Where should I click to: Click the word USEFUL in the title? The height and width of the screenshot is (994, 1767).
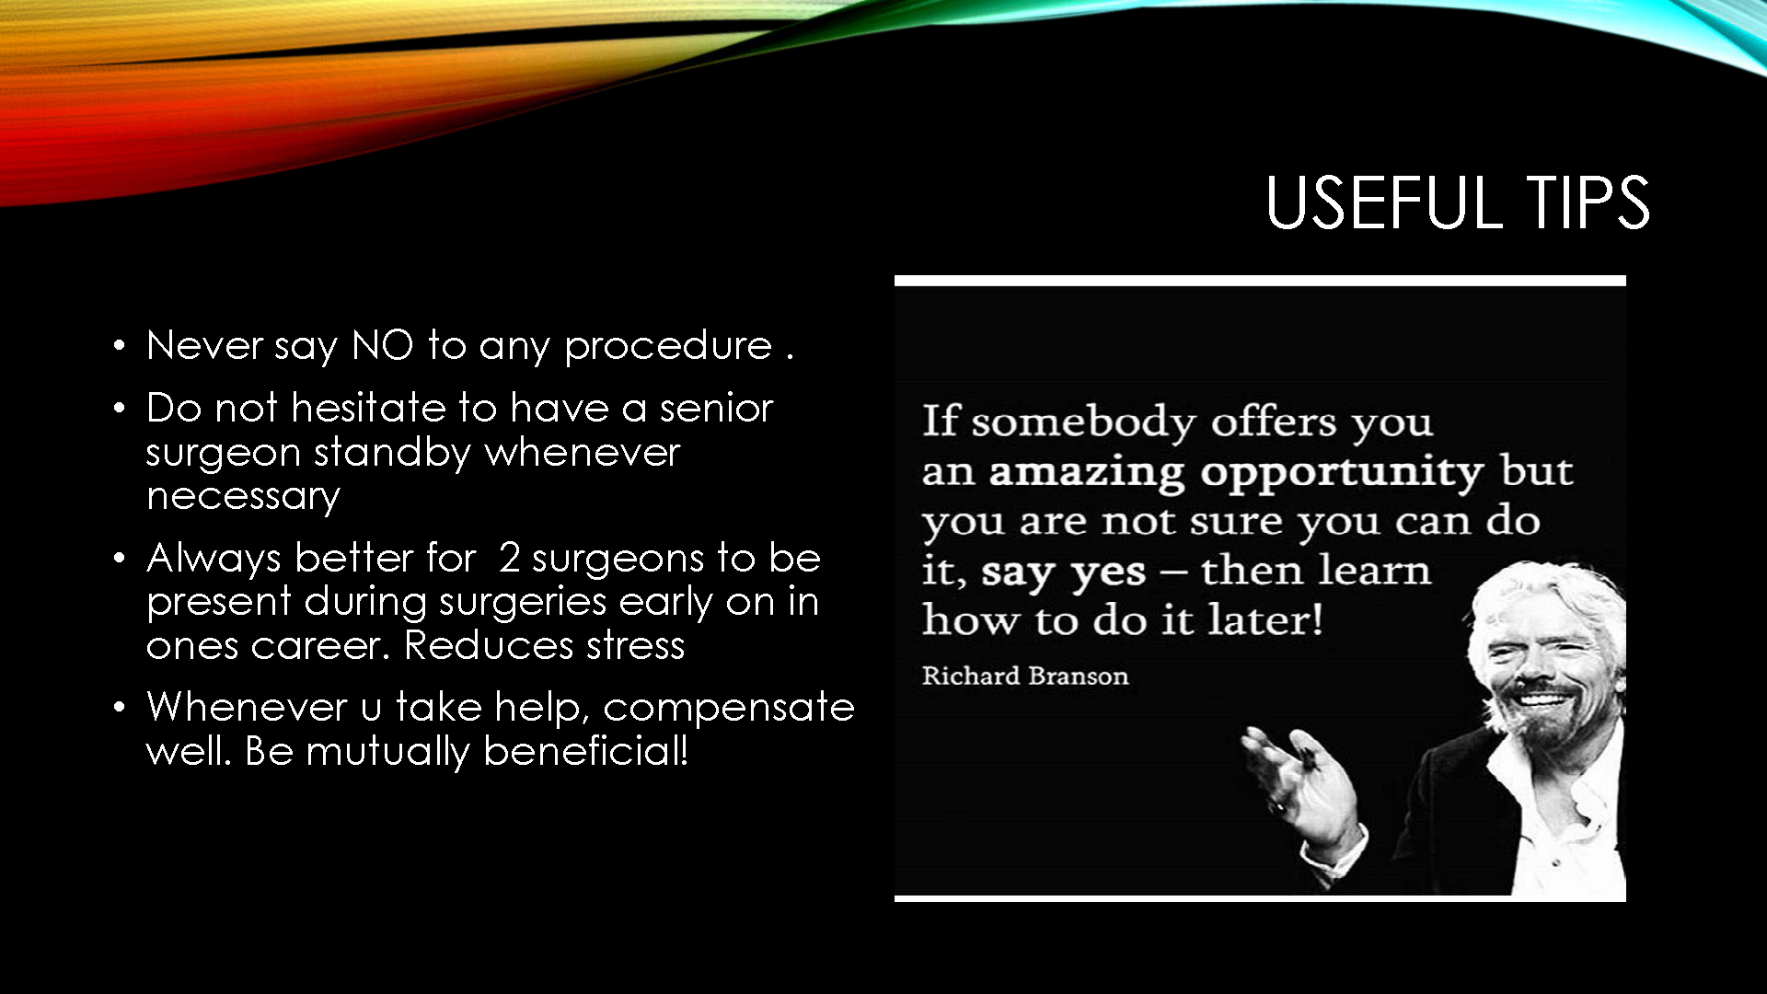coord(1384,202)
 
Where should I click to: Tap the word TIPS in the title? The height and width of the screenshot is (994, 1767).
coord(1589,202)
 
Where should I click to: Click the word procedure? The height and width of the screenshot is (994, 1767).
coord(668,347)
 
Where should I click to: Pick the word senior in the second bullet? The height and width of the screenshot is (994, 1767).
coord(716,408)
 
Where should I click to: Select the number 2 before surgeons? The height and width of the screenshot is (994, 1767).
coord(509,558)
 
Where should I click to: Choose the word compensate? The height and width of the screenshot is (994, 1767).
coord(729,709)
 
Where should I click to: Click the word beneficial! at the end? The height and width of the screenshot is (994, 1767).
coord(585,751)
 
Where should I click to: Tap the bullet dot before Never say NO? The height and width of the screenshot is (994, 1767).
coord(119,347)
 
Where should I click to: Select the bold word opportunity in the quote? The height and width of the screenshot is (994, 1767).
coord(1342,473)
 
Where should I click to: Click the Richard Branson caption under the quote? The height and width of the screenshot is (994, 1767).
coord(1025,676)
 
